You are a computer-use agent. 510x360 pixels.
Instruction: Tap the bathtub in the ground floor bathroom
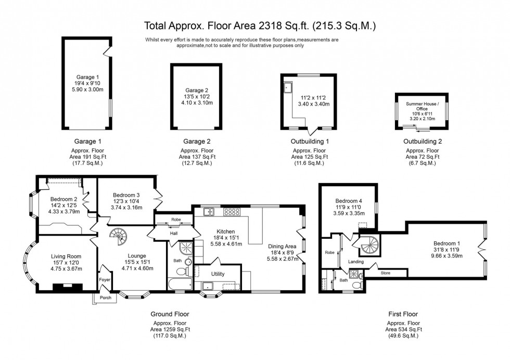[180, 284]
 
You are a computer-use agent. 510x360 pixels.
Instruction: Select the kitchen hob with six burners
[232, 212]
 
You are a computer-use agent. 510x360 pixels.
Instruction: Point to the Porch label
[105, 298]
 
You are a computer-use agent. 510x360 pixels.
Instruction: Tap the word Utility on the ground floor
[218, 273]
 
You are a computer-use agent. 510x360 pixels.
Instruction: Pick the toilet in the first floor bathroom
[357, 285]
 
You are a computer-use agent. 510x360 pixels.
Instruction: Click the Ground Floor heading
[170, 314]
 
